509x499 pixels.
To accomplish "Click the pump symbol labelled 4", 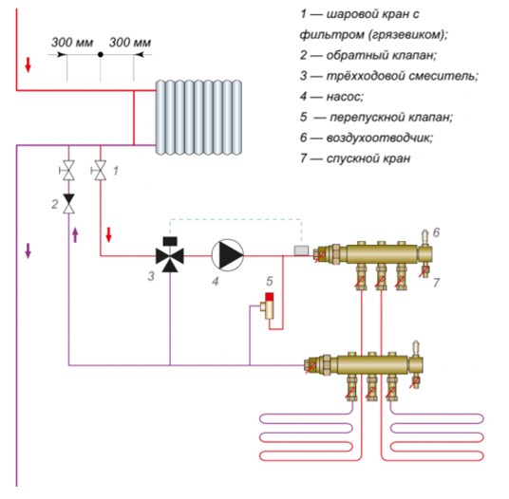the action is point(228,255).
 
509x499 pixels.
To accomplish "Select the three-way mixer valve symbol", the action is point(170,256).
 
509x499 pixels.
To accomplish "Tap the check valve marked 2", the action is point(68,204).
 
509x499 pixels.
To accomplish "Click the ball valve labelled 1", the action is point(100,170).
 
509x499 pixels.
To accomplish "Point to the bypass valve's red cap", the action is point(270,297).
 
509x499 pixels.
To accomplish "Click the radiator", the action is point(198,118).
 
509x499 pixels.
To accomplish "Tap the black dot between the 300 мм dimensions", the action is point(101,55).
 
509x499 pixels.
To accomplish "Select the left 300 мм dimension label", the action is point(72,43).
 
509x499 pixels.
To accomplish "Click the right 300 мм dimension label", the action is point(130,43).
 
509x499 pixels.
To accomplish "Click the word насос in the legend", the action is point(345,97).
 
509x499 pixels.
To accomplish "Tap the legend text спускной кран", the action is point(368,158).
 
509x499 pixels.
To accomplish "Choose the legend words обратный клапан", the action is point(382,55).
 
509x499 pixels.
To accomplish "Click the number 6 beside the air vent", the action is point(436,232).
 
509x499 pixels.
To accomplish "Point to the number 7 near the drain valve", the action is point(436,283).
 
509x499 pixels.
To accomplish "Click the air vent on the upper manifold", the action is point(424,237).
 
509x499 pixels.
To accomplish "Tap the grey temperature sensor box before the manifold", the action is point(301,250).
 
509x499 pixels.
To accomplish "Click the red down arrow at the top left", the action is point(28,65).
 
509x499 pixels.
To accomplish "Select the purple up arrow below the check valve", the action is point(75,235).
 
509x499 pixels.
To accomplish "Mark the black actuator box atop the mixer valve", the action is point(170,241).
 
